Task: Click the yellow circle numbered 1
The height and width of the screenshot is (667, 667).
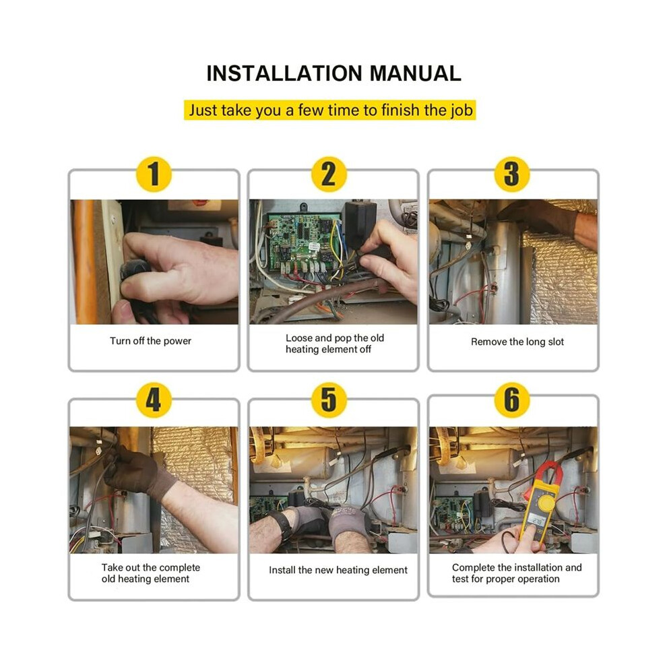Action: pos(154,174)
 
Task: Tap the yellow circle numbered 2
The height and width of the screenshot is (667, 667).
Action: pos(329,174)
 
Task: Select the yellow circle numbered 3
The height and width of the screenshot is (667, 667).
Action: pos(512,174)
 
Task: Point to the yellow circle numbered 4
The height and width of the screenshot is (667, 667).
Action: pos(154,400)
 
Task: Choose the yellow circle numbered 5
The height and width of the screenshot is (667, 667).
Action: pos(329,400)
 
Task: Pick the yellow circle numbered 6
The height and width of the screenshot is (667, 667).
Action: pos(512,400)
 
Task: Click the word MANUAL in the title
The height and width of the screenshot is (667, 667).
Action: pos(415,73)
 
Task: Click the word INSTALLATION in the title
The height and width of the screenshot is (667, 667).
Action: pos(284,73)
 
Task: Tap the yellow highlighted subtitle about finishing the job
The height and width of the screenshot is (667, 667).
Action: pos(330,110)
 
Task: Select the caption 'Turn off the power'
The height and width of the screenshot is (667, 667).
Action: pos(151,341)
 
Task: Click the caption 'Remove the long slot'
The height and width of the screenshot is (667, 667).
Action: pos(517,342)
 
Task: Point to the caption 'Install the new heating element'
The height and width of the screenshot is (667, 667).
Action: pos(338,570)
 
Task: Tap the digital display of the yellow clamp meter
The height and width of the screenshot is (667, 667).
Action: pos(537,521)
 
